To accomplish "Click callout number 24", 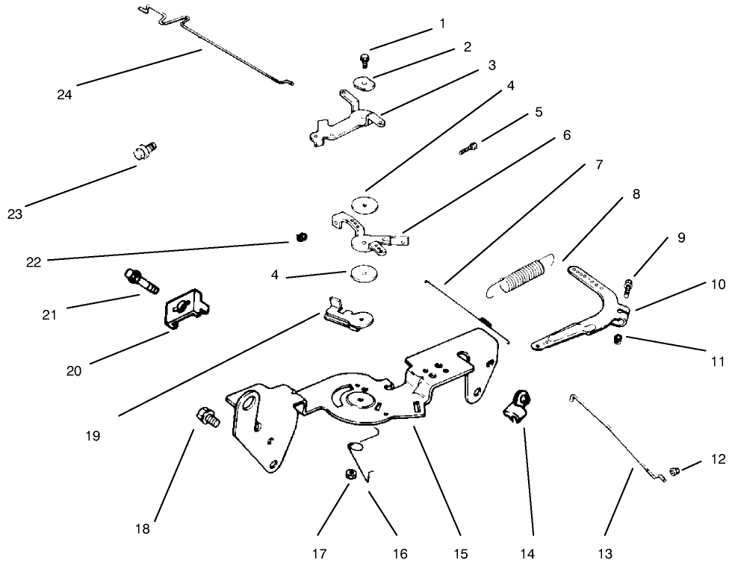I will tap(64, 94).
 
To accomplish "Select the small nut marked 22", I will tap(300, 237).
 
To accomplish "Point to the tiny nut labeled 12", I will tap(674, 471).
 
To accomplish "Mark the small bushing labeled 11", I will tap(618, 340).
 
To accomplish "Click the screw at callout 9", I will tap(630, 284).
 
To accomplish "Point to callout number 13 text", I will tap(605, 554).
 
